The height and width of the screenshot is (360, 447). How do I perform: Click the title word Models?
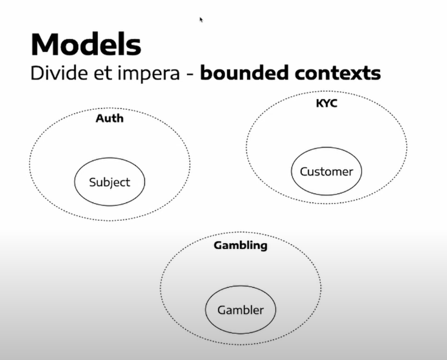pos(86,45)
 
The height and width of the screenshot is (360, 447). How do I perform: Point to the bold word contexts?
pos(343,73)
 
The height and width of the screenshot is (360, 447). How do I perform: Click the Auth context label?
pos(110,118)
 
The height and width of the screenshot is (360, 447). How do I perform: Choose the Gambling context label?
pos(241,245)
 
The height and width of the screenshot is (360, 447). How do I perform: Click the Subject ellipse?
pos(109,182)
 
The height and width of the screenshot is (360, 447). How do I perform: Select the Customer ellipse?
pos(326,171)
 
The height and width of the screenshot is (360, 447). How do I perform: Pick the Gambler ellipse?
pos(240,310)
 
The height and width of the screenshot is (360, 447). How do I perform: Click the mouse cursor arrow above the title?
pos(201,19)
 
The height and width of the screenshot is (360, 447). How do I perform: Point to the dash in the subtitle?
pos(192,75)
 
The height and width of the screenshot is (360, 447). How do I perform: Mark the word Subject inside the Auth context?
pos(109,182)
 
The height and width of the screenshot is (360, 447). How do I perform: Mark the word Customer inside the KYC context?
pos(326,171)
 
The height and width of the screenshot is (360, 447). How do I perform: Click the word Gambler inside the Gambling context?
pos(240,310)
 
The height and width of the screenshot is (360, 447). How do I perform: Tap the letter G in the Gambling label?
pos(218,245)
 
